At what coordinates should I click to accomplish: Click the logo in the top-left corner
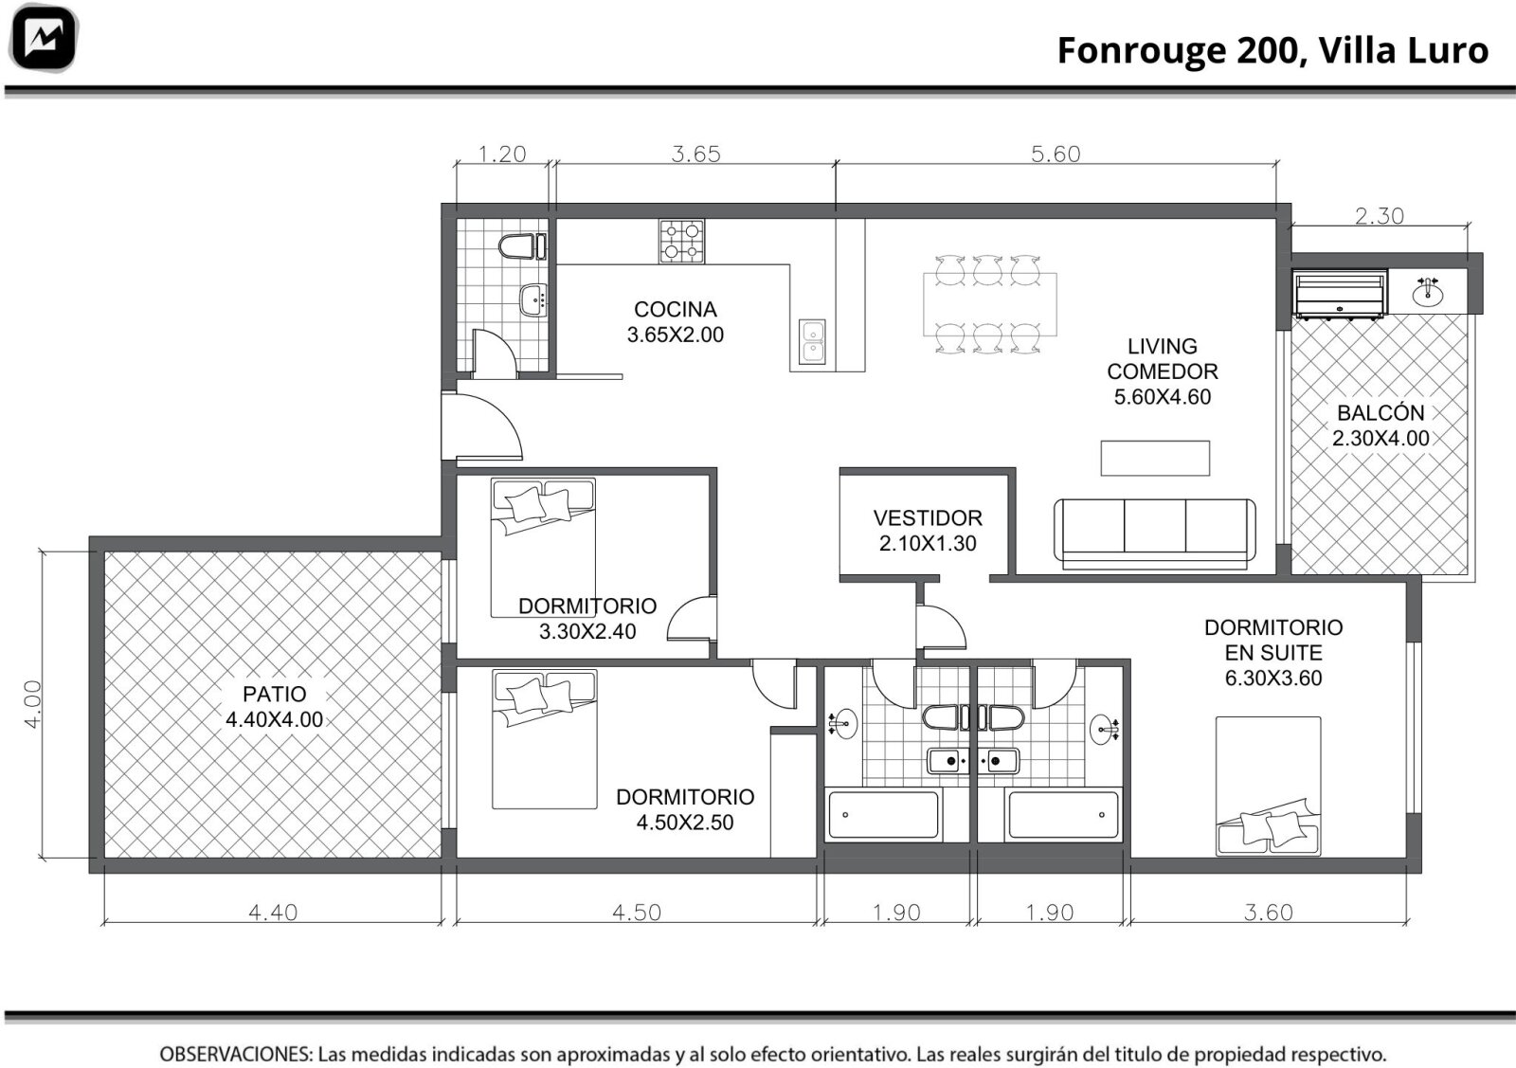click(x=44, y=38)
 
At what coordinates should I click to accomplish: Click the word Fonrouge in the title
click(x=1142, y=51)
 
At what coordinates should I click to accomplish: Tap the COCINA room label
click(x=676, y=309)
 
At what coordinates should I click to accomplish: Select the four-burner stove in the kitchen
click(x=681, y=241)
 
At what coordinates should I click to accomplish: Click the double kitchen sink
click(x=811, y=341)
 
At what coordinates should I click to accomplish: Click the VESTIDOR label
click(x=928, y=518)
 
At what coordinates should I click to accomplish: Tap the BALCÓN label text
click(x=1381, y=413)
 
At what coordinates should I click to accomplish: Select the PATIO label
click(x=274, y=694)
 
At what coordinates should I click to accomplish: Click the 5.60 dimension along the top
click(x=1056, y=154)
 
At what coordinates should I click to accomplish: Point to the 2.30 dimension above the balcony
click(x=1380, y=216)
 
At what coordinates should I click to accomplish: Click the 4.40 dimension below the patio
click(x=273, y=913)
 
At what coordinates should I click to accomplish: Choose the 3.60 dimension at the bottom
click(x=1269, y=913)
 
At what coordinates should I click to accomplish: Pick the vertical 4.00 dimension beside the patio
click(x=32, y=704)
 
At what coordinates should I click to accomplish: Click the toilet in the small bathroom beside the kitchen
click(x=522, y=246)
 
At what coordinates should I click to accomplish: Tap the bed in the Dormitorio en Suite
click(x=1269, y=786)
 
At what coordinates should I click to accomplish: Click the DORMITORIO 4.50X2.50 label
click(x=685, y=809)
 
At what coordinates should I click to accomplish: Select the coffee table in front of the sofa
click(x=1155, y=459)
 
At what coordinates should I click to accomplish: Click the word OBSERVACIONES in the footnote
click(x=236, y=1054)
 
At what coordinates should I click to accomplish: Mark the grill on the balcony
click(x=1339, y=294)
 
